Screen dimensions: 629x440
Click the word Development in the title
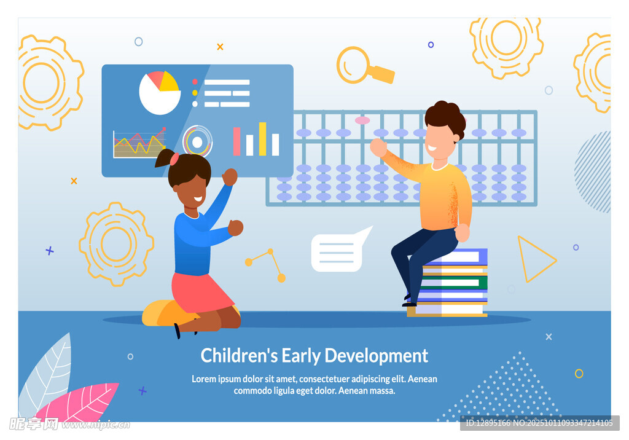click(x=376, y=356)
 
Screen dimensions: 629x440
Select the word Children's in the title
click(x=239, y=355)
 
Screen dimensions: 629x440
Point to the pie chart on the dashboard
click(x=160, y=93)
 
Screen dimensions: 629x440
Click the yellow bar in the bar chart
click(x=263, y=139)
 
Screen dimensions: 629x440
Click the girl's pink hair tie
click(x=174, y=159)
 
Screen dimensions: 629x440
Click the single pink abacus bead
click(x=362, y=120)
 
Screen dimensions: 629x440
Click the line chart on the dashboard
click(x=139, y=143)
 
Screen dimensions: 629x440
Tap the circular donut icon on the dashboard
click(x=197, y=141)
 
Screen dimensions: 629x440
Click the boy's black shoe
click(x=410, y=304)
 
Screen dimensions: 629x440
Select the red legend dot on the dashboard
click(x=195, y=82)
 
